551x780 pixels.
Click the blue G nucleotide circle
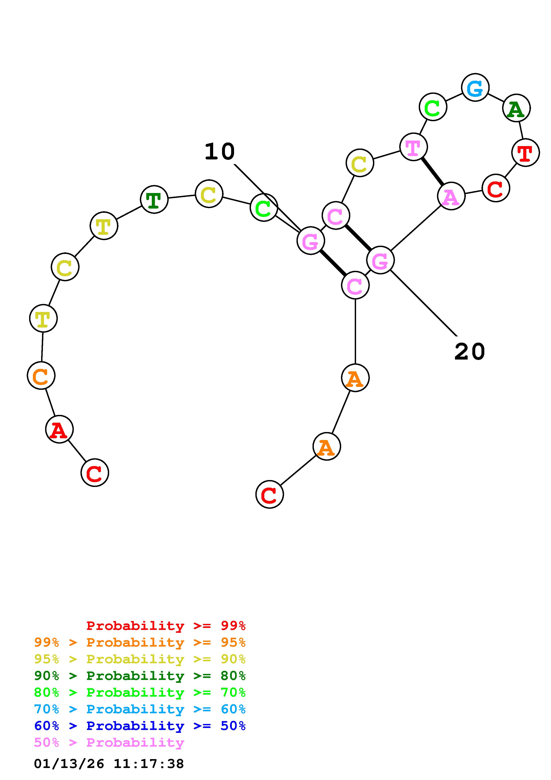(x=475, y=88)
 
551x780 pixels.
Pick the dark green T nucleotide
(x=154, y=199)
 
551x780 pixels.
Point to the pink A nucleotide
(x=451, y=196)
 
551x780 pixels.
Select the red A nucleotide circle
(x=59, y=429)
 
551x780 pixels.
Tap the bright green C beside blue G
(x=433, y=107)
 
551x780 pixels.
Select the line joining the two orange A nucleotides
(x=341, y=412)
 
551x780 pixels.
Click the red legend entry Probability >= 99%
(x=166, y=625)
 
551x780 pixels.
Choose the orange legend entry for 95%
(x=140, y=642)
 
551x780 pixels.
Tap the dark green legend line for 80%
(x=140, y=676)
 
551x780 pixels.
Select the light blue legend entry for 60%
(x=140, y=709)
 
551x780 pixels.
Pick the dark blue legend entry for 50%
(x=140, y=726)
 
